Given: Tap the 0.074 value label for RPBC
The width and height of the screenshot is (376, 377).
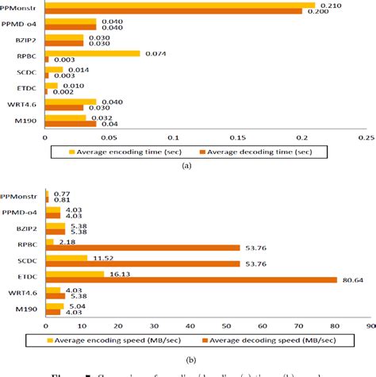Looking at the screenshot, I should pyautogui.click(x=155, y=54).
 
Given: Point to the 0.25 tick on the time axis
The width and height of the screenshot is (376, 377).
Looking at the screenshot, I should pyautogui.click(x=366, y=136).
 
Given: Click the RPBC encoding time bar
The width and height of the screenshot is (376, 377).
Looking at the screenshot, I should pyautogui.click(x=93, y=54).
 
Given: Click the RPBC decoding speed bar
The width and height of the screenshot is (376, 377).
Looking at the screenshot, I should pyautogui.click(x=143, y=248).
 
